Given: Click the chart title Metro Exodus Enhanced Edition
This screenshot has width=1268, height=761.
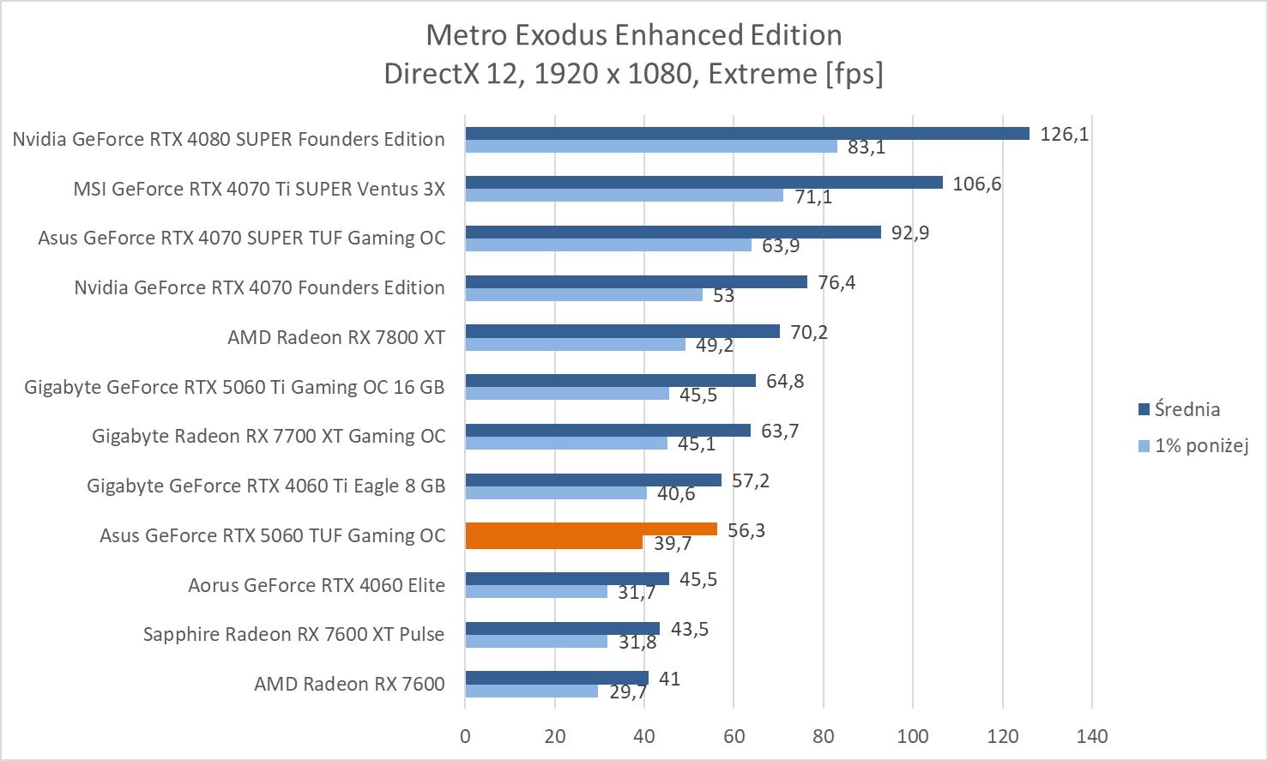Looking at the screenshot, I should click(x=633, y=35).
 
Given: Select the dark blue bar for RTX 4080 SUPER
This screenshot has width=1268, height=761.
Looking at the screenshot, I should click(x=746, y=133).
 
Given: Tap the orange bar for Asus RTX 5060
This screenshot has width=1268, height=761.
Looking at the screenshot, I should click(x=591, y=529).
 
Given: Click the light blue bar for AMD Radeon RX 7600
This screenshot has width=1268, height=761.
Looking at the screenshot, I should click(x=531, y=691).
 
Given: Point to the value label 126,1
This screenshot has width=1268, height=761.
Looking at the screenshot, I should click(x=1064, y=134).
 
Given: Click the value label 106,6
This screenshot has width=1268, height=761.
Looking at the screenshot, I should click(x=976, y=184).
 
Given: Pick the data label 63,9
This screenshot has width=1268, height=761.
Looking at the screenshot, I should click(x=780, y=246).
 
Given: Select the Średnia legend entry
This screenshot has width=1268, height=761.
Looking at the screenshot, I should click(x=1186, y=409).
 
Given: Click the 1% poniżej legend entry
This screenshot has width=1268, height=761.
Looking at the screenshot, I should click(x=1200, y=445).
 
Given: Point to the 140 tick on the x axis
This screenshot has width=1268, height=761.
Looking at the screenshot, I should click(x=1091, y=736).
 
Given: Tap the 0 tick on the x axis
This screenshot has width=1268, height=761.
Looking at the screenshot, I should click(x=465, y=736).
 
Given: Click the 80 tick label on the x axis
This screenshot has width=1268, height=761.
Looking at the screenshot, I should click(x=824, y=736).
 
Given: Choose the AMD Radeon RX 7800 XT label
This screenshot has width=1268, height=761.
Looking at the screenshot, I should click(x=335, y=337).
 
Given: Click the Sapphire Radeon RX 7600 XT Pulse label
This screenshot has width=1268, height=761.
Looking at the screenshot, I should click(x=293, y=634).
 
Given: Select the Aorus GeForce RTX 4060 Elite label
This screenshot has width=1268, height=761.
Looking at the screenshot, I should click(x=317, y=585).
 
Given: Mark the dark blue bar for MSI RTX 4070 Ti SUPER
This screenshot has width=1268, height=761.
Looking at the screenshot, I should click(x=703, y=183).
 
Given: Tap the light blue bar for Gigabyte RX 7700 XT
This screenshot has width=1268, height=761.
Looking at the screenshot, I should click(x=566, y=443).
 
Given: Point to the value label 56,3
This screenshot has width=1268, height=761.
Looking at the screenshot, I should click(x=746, y=530).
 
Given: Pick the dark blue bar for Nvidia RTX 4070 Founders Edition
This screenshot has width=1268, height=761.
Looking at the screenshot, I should click(x=636, y=281).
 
